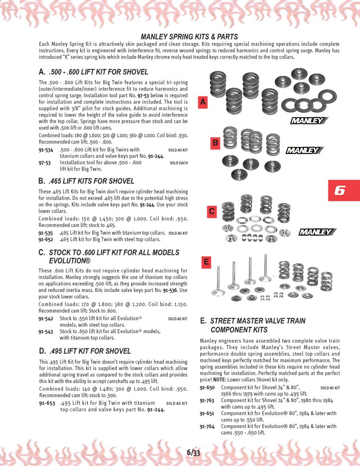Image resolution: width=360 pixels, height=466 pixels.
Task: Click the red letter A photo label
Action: click(x=203, y=102)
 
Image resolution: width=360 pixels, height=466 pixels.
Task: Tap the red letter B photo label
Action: click(x=216, y=143)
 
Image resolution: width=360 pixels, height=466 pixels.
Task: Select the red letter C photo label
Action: click(x=212, y=211)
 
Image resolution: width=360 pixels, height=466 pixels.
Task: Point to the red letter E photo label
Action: click(x=206, y=262)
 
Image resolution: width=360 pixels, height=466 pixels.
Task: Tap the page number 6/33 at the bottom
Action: click(x=193, y=452)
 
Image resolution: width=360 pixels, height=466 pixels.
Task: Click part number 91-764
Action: click(x=207, y=426)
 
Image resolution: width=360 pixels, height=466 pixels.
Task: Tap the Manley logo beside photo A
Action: click(x=306, y=120)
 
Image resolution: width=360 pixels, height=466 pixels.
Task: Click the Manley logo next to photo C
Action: click(x=315, y=233)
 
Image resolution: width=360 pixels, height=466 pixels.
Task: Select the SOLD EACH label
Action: click(x=179, y=163)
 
